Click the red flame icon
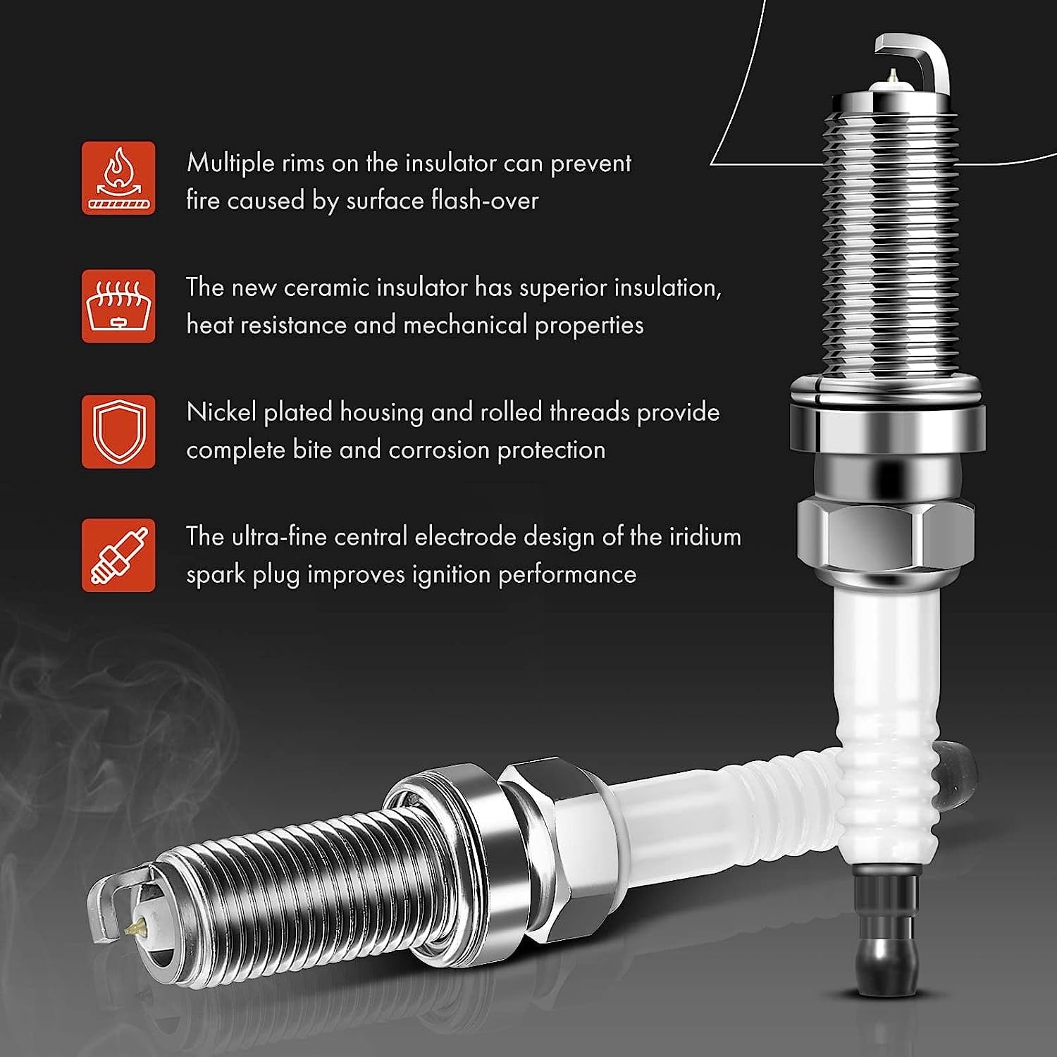pyautogui.click(x=118, y=178)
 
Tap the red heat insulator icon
pyautogui.click(x=118, y=306)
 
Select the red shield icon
pyautogui.click(x=118, y=431)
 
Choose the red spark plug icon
pyautogui.click(x=118, y=555)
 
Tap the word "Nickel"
pyautogui.click(x=221, y=412)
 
